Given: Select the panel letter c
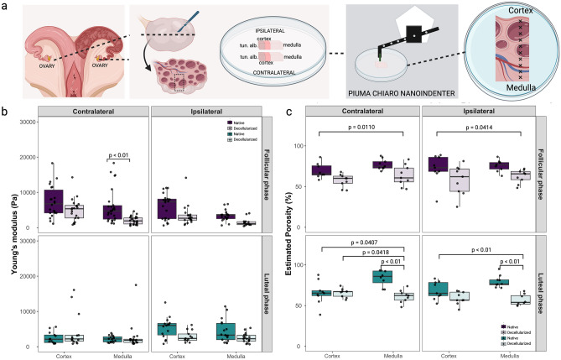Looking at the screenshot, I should [291, 112].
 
